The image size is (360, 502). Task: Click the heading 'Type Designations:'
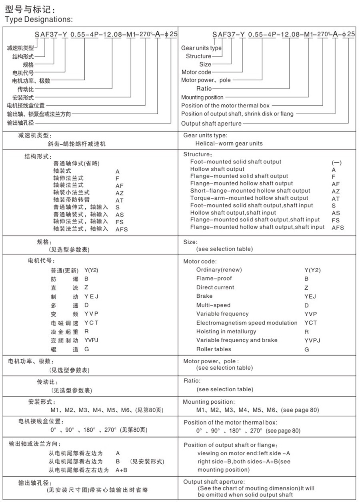[x=38, y=19]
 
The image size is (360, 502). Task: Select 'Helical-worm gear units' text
[x=229, y=143]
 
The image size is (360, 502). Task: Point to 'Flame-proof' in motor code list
[x=214, y=278]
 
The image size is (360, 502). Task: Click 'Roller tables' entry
[x=214, y=349]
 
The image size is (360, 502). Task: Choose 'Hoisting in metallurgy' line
[x=226, y=331]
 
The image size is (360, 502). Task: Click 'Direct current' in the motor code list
[x=215, y=287]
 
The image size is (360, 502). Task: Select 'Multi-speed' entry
[x=213, y=305]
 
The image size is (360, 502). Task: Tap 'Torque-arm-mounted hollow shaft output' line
[x=249, y=198]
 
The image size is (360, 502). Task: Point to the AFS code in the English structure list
[x=338, y=228]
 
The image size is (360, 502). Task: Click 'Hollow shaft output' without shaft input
[x=217, y=169]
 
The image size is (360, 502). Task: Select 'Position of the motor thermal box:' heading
[x=230, y=422]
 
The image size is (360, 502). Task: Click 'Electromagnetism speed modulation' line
[x=247, y=323]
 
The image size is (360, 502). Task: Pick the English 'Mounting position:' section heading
[x=209, y=402]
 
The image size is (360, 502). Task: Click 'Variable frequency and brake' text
[x=237, y=340]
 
